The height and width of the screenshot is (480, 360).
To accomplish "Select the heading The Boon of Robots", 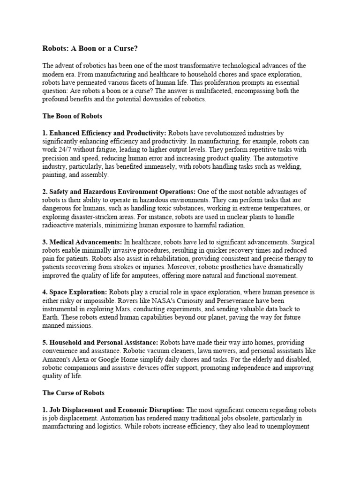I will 72,116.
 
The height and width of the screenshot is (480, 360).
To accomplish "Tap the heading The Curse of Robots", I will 73,393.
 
